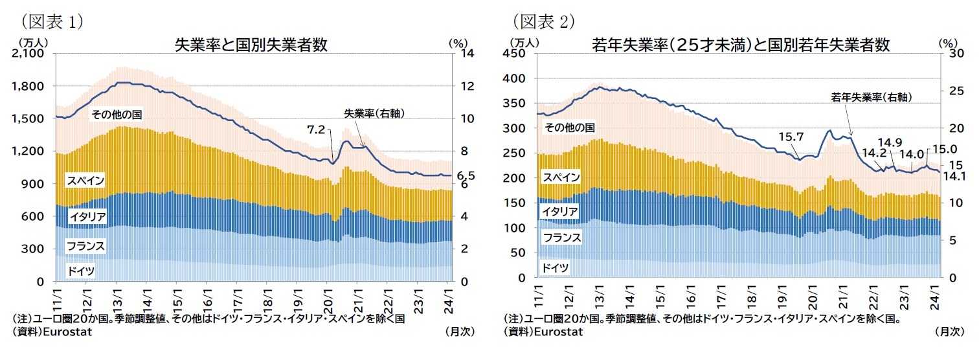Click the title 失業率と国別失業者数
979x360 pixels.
(x=251, y=45)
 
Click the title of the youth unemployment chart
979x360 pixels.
(x=741, y=45)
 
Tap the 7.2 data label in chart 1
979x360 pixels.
(x=315, y=129)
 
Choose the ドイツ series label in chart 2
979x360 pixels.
(x=555, y=267)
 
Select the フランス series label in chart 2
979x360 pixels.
(x=561, y=238)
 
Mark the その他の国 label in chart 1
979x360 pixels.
(x=116, y=115)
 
